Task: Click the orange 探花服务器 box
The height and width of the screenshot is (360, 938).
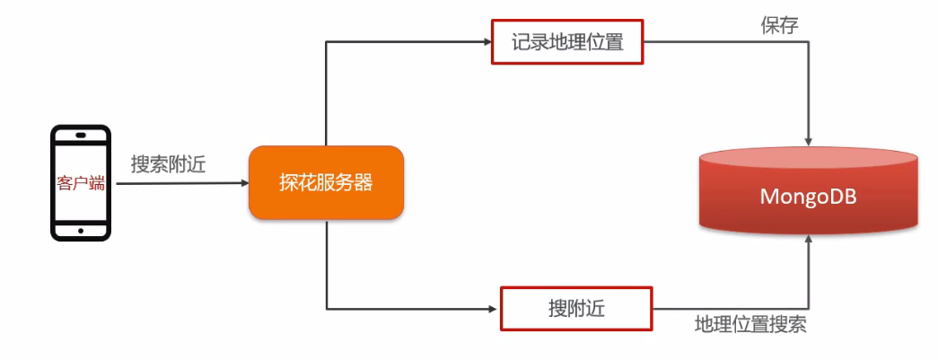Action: click(x=326, y=183)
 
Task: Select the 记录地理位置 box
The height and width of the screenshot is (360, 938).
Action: click(x=567, y=41)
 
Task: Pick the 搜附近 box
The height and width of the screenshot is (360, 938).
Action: click(x=575, y=309)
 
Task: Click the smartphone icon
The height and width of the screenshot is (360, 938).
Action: click(x=80, y=183)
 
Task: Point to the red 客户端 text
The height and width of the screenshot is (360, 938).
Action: click(x=80, y=183)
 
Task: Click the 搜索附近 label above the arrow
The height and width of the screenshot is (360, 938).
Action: click(x=168, y=164)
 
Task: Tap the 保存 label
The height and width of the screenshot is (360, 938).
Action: click(x=779, y=24)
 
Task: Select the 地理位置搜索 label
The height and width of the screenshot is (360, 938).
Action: click(x=750, y=324)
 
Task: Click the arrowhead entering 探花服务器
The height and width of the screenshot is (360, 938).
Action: click(x=243, y=183)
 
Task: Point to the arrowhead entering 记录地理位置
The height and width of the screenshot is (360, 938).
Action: click(x=487, y=41)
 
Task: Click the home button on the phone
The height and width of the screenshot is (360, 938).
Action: click(x=81, y=230)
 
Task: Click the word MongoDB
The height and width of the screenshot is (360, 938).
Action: click(x=809, y=196)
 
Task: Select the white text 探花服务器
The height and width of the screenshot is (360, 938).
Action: click(x=326, y=183)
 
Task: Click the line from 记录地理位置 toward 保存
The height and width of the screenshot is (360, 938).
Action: click(x=727, y=41)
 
